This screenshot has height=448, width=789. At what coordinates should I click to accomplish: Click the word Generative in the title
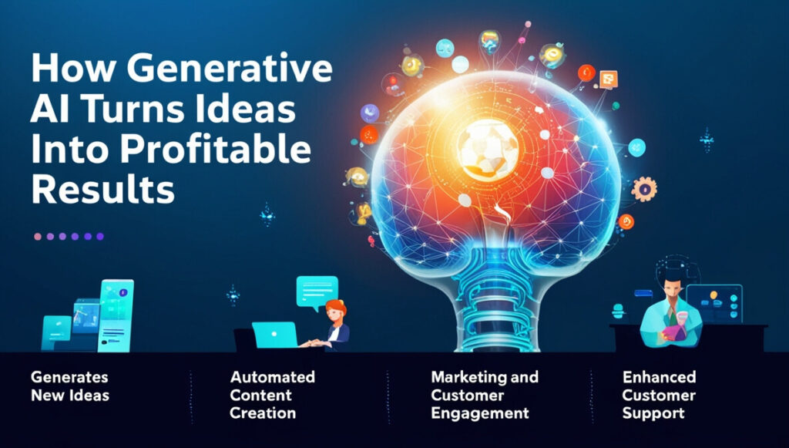coord(229,69)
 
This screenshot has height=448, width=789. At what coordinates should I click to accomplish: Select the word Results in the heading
coord(102,190)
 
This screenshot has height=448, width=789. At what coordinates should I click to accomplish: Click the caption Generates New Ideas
coord(70,386)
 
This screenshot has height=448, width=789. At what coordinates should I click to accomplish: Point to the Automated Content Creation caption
coord(272,395)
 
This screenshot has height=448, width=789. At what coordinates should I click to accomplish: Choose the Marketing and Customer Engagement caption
coord(484,395)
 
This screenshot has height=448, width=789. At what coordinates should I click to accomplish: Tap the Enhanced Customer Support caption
coord(659,395)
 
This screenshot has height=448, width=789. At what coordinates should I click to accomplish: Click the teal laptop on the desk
coord(275,335)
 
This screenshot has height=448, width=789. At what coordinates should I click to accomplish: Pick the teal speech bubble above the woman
coord(317,292)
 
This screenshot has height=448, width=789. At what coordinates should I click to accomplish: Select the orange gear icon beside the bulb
coord(643,189)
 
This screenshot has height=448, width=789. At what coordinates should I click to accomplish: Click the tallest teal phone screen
coord(116,315)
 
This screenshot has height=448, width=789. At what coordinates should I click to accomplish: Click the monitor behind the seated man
coord(714,304)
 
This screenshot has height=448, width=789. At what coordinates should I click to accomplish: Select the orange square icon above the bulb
coord(609,79)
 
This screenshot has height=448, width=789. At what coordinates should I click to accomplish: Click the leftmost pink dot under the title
coord(38,237)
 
